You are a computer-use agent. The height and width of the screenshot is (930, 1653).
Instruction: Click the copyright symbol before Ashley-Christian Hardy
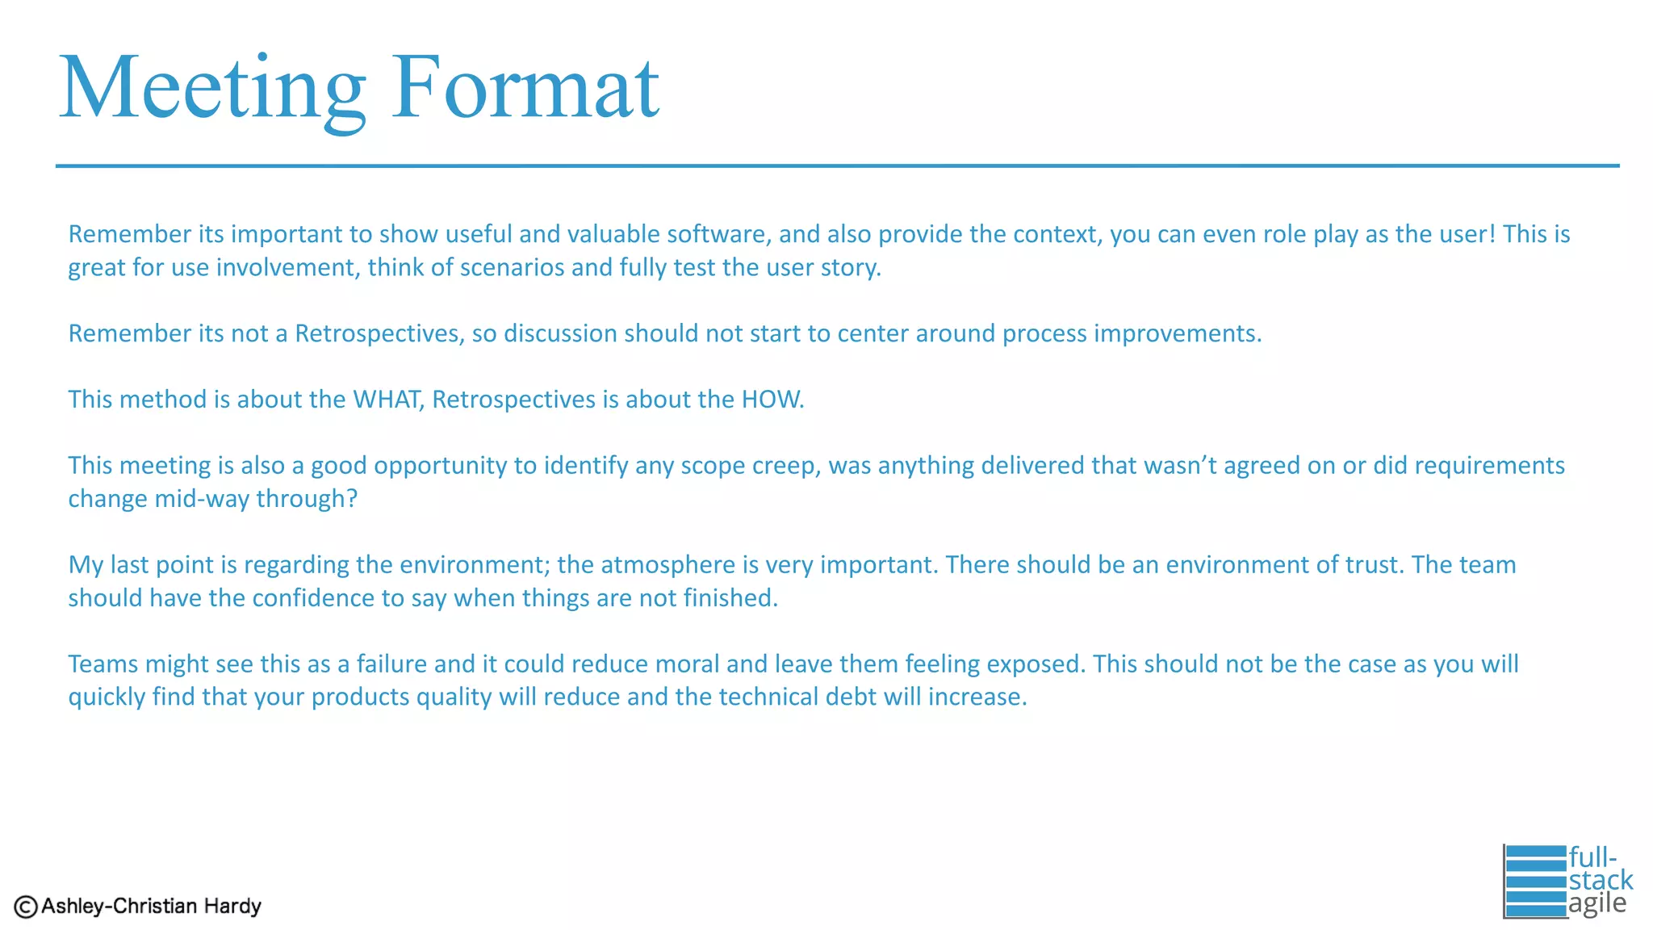26,907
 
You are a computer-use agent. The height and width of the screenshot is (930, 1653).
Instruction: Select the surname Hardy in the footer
232,907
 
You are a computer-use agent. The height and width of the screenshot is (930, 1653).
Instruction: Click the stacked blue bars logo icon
1534,881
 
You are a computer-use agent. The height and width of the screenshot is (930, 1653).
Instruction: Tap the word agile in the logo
1597,903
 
